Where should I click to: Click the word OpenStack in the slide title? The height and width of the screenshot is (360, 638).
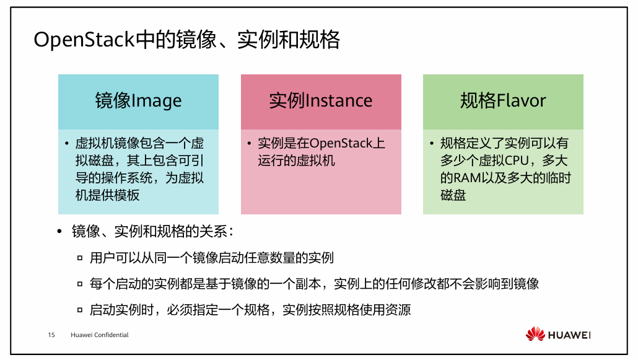[x=84, y=40]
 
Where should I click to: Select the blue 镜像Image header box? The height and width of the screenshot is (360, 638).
[x=138, y=102]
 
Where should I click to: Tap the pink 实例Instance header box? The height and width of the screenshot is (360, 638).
[x=321, y=102]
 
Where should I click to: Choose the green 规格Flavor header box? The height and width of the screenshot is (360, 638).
[x=503, y=102]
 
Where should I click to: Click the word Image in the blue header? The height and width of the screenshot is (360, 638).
[x=157, y=101]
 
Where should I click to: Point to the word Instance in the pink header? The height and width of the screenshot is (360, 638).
[x=339, y=101]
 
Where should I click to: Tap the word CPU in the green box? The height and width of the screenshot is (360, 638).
[x=518, y=161]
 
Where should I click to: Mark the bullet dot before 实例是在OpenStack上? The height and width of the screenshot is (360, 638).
[x=249, y=144]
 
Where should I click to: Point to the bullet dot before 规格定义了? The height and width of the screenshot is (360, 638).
[x=431, y=144]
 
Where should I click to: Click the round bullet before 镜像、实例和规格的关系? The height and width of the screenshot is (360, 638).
[x=59, y=232]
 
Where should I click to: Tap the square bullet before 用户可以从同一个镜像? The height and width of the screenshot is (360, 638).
[x=80, y=258]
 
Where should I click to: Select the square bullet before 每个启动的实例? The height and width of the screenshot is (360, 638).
[x=80, y=284]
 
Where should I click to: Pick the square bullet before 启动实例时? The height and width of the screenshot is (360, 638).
[x=80, y=310]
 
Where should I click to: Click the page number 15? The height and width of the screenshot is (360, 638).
[x=51, y=335]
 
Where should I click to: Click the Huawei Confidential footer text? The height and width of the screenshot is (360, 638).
[x=100, y=335]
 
